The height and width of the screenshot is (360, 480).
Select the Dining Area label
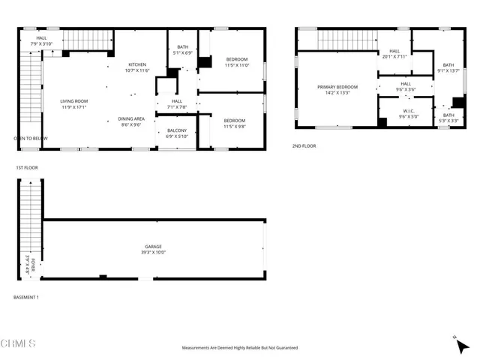(130, 121)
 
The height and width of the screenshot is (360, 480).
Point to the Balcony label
(176, 133)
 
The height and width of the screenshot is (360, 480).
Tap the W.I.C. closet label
(406, 113)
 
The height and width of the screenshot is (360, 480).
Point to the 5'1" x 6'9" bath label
(182, 50)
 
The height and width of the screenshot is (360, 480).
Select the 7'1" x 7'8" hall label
(176, 104)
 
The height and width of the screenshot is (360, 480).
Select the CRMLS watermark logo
(20, 344)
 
